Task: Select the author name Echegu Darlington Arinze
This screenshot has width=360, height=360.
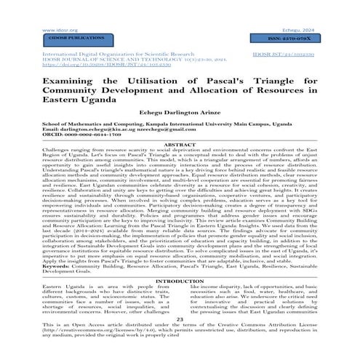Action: coord(180,113)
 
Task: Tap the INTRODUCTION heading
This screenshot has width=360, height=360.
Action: coord(180,281)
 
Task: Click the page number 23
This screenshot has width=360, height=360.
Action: coord(180,319)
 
